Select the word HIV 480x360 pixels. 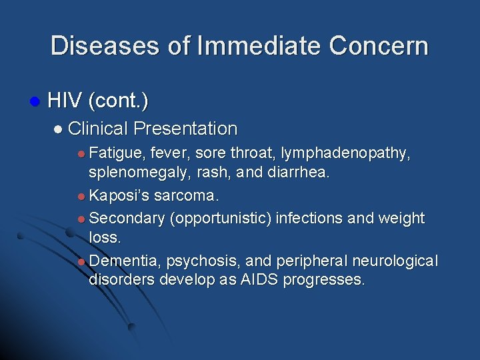tap(64, 101)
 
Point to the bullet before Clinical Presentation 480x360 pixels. tap(59, 129)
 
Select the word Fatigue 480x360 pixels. tap(117, 153)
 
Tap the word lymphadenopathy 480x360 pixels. tap(345, 153)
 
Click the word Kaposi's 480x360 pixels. tap(120, 196)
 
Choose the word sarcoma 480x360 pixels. tap(187, 196)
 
